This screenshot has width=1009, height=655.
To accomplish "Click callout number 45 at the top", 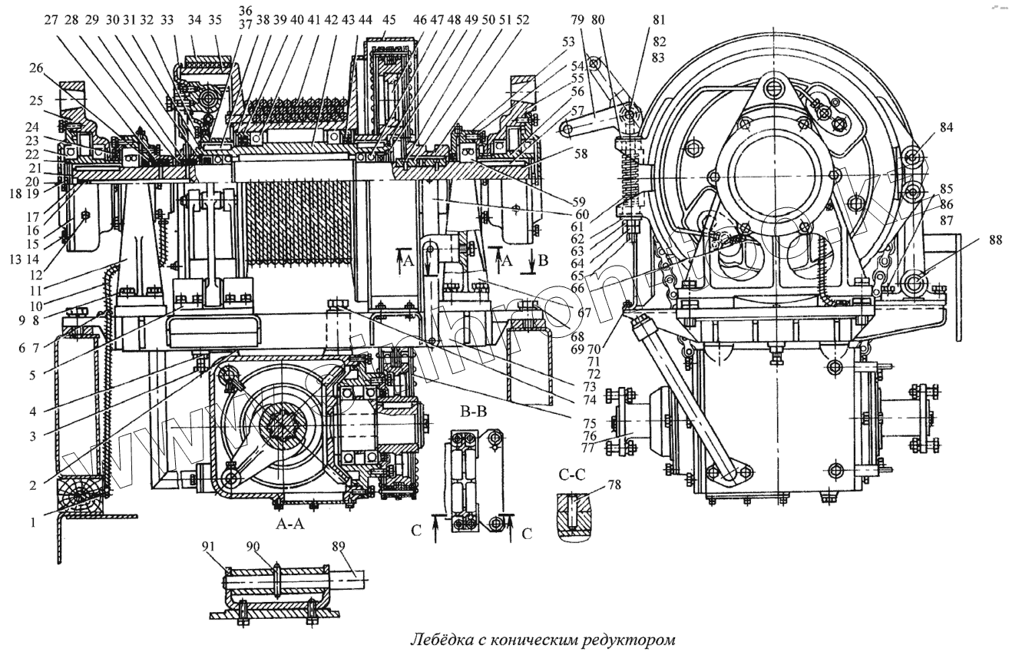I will (x=389, y=21).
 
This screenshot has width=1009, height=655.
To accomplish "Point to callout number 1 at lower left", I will (x=33, y=522).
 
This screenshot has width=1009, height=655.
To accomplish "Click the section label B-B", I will (x=473, y=412).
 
